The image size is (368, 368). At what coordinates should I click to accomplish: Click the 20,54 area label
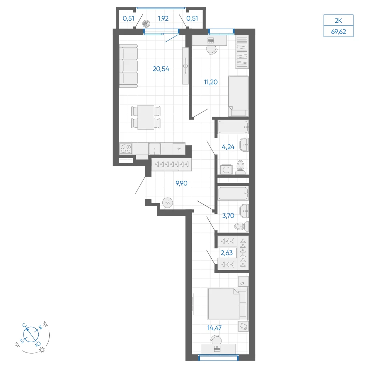[161, 69]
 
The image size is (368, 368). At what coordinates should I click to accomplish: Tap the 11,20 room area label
[211, 82]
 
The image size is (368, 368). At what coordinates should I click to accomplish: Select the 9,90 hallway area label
[181, 183]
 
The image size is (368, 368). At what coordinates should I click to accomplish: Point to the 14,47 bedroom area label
[214, 328]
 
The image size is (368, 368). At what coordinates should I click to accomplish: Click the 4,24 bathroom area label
[228, 147]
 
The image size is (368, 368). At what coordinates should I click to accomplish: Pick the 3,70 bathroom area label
[228, 215]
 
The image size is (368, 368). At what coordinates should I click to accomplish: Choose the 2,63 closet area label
[227, 252]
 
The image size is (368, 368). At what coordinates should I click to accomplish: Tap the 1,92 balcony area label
[163, 18]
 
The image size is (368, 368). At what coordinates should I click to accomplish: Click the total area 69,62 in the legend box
[339, 31]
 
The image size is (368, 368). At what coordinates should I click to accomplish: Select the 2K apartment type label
[339, 21]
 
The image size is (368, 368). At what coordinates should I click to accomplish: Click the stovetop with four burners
[125, 149]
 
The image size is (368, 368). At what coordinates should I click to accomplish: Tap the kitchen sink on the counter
[155, 149]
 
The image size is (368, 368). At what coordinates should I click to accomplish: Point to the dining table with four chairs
[146, 117]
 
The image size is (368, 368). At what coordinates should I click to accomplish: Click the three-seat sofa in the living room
[128, 66]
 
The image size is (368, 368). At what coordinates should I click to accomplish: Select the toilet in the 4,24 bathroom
[240, 167]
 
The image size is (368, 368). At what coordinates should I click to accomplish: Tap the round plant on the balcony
[146, 24]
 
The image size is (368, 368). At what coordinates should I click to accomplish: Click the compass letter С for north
[24, 325]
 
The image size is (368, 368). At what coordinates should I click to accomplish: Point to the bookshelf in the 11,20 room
[242, 52]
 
